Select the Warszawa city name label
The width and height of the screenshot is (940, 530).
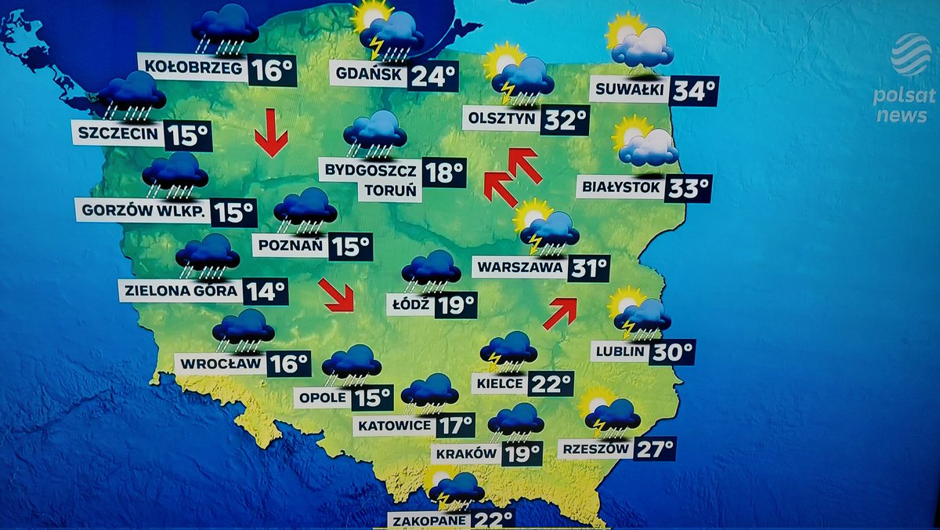[x=519, y=267]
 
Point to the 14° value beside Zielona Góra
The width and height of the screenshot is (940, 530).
[x=265, y=292]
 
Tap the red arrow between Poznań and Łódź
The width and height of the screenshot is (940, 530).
[x=337, y=295]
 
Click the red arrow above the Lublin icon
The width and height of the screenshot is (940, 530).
[x=560, y=312]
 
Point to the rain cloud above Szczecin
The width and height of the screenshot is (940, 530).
[x=131, y=96]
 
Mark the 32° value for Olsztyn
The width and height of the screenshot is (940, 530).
[x=566, y=120]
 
